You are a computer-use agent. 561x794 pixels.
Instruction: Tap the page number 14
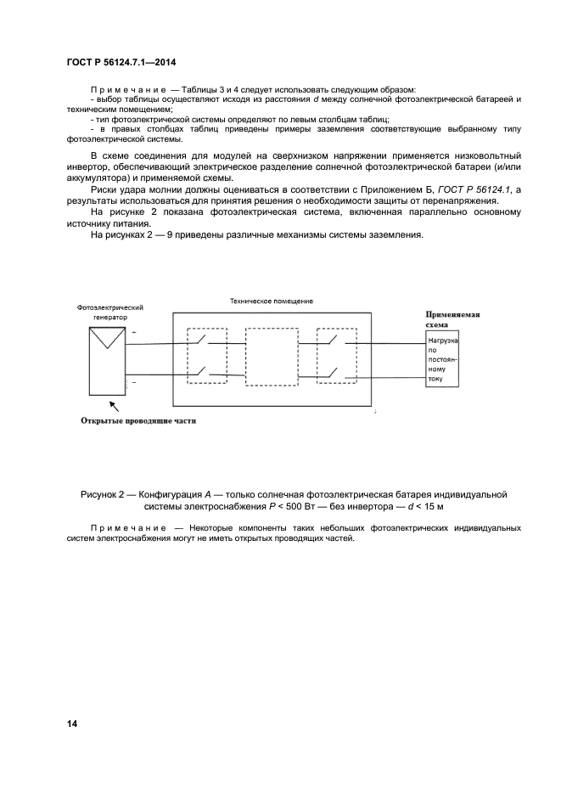tap(73, 723)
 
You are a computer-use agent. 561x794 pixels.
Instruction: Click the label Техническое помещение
tap(272, 301)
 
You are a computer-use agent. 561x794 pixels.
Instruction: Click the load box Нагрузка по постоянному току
tap(442, 360)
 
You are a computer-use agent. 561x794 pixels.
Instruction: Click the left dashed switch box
tap(206, 358)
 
